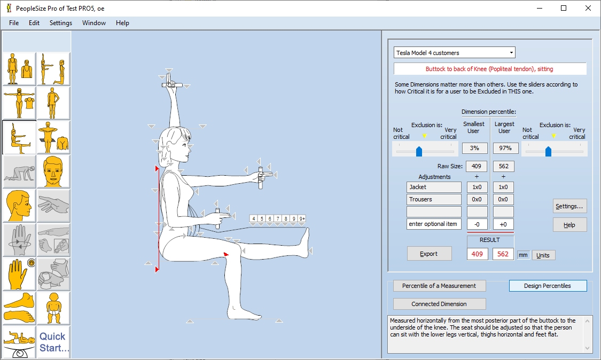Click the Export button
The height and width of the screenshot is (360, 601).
[429, 254]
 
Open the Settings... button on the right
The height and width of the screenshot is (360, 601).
[569, 206]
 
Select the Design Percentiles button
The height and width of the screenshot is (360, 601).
[547, 286]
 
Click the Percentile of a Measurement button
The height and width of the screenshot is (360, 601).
[439, 286]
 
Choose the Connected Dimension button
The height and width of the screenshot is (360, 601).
[439, 304]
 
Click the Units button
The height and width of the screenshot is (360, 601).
[543, 255]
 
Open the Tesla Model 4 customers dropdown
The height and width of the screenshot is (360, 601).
[454, 53]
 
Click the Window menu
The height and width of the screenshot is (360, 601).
[94, 23]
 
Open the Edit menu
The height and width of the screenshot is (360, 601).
[34, 23]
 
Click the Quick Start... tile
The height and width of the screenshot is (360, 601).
[53, 342]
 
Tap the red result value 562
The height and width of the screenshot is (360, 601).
[503, 254]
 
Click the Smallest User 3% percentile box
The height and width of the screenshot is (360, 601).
[474, 148]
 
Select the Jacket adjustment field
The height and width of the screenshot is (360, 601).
[434, 187]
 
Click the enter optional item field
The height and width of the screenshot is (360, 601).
[434, 224]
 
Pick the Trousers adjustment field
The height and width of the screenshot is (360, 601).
[434, 199]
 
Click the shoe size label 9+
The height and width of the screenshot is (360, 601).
[302, 218]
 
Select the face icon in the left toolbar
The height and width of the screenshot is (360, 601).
[53, 171]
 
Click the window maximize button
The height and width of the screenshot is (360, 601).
[564, 8]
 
